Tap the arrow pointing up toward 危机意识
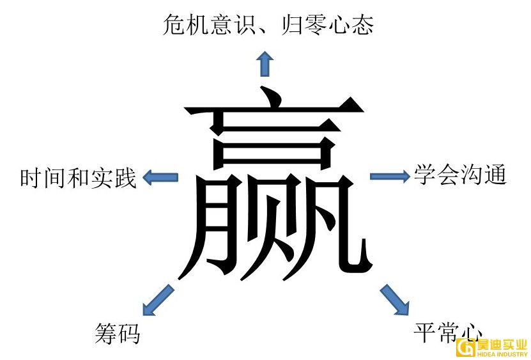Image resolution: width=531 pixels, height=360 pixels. [x=265, y=65]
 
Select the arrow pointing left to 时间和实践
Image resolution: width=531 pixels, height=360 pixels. [x=160, y=177]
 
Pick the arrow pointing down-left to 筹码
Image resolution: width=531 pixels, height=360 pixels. [x=157, y=299]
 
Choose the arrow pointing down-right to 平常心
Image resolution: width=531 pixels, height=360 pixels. [x=395, y=299]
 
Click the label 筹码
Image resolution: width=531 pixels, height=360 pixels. [x=117, y=334]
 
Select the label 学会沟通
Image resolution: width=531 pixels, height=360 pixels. [x=460, y=175]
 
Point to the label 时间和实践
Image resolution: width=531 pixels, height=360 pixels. [x=79, y=178]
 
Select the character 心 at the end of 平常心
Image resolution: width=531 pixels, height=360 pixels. [x=471, y=332]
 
